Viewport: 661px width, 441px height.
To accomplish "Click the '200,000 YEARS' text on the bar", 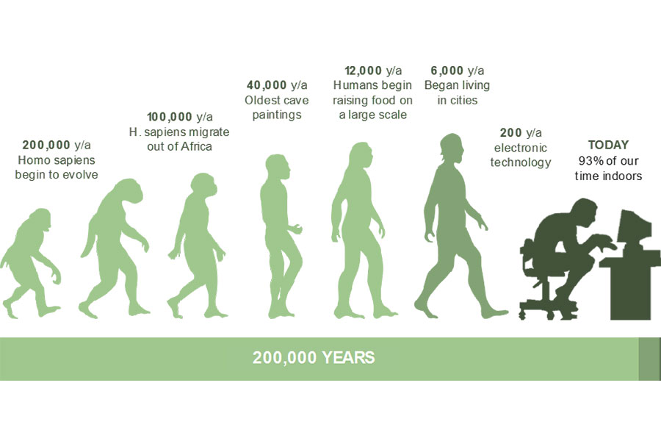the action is coord(314,358).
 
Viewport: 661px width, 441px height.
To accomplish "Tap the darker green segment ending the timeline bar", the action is coord(650,359).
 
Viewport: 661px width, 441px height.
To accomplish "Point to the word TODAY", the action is coord(608,145).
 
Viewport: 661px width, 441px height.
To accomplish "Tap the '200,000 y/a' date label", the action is coord(57,146).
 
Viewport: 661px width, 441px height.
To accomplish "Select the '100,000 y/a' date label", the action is coord(180,117).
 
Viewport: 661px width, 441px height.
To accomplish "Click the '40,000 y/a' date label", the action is coord(277,85).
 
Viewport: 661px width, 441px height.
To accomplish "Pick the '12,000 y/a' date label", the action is coord(373,71).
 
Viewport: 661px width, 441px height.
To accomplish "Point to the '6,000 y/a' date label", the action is coord(458,71).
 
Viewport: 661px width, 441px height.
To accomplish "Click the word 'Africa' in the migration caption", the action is coord(195,146).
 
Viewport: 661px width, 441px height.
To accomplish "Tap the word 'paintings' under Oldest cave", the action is coord(277,115).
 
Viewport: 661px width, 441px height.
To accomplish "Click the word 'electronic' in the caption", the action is coord(521,148).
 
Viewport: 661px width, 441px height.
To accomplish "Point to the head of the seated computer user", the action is coord(586,209).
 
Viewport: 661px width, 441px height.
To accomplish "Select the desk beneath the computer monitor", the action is coord(630,284).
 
